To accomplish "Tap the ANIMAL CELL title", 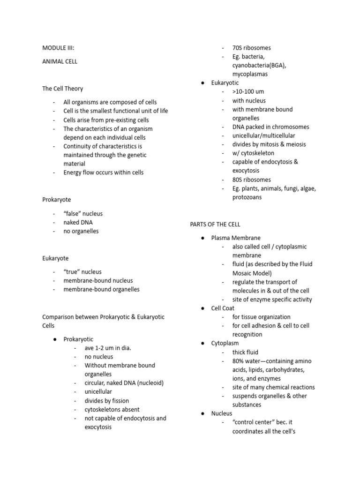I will (x=60, y=61).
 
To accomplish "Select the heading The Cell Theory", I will (x=63, y=89).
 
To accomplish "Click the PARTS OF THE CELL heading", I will (x=215, y=225).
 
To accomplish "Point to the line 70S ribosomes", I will (x=251, y=48).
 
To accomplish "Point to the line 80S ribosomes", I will (x=251, y=180).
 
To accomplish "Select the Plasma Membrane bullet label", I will (x=236, y=238).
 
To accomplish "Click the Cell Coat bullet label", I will (x=223, y=308).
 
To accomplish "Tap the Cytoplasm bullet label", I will (x=225, y=344).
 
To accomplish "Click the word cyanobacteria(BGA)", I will (x=259, y=66).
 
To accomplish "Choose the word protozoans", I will (x=247, y=197).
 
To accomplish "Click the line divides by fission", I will (x=107, y=401).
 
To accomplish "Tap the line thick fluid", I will (x=245, y=352).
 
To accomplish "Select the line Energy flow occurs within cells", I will (x=104, y=172).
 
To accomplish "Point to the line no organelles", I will (x=81, y=231).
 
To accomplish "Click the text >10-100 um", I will (x=248, y=92).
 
